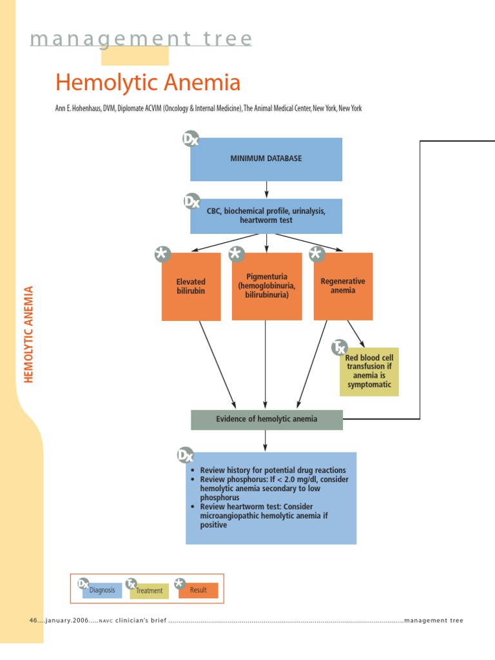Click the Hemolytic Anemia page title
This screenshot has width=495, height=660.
pos(148,82)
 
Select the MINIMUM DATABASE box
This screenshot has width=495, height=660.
pos(266,159)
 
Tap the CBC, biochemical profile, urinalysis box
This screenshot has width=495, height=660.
pos(266,216)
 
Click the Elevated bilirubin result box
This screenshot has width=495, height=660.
pos(191,286)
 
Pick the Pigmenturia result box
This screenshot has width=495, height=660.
pos(266,286)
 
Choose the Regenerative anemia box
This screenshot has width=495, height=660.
pos(343,286)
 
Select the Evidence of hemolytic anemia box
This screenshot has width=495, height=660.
pos(266,419)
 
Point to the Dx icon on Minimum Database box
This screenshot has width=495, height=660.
pos(191,139)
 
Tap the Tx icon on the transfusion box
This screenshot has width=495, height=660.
pos(340,348)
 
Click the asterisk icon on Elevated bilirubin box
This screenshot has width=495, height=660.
pos(162,255)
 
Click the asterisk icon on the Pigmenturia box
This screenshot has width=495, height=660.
pos(237,255)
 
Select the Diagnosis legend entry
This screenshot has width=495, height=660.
pos(102,590)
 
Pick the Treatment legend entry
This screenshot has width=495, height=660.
pos(149,590)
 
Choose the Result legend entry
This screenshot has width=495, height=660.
pos(198,590)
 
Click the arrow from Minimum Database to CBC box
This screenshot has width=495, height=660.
pos(266,189)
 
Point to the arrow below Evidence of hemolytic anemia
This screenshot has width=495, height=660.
pos(266,441)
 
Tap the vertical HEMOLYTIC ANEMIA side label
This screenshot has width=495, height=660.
pos(28,335)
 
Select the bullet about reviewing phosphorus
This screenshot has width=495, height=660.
pos(271,489)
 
